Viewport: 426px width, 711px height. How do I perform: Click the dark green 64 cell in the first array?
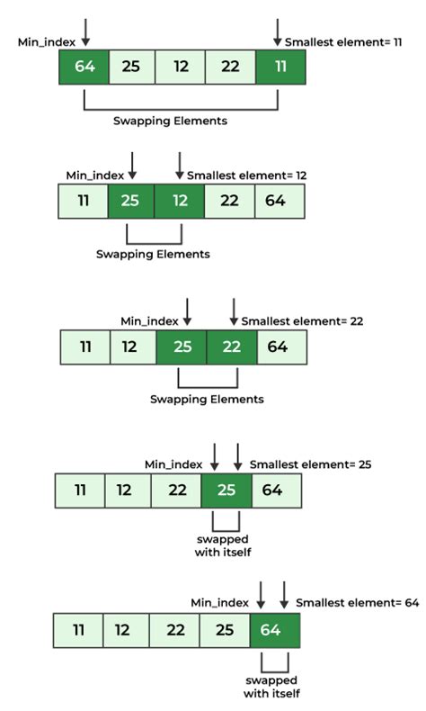tap(84, 67)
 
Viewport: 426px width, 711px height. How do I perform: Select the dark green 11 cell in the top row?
tap(280, 67)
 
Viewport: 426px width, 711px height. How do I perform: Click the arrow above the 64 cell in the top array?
tap(85, 31)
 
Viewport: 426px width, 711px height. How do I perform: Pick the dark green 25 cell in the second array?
tap(130, 200)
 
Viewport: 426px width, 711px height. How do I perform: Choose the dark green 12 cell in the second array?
tap(180, 200)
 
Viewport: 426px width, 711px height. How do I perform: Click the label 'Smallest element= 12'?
tap(240, 175)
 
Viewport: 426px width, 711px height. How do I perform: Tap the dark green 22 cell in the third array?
tap(231, 346)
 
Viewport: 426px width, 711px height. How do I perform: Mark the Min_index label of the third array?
tap(149, 320)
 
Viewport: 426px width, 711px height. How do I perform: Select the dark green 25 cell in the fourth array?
tap(225, 490)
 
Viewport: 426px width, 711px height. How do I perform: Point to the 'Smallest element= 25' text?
tap(310, 464)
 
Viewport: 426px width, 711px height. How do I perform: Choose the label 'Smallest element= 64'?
tap(357, 602)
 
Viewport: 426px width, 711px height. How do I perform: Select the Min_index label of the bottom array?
tap(219, 602)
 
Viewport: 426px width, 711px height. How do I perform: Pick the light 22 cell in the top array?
tap(230, 67)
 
